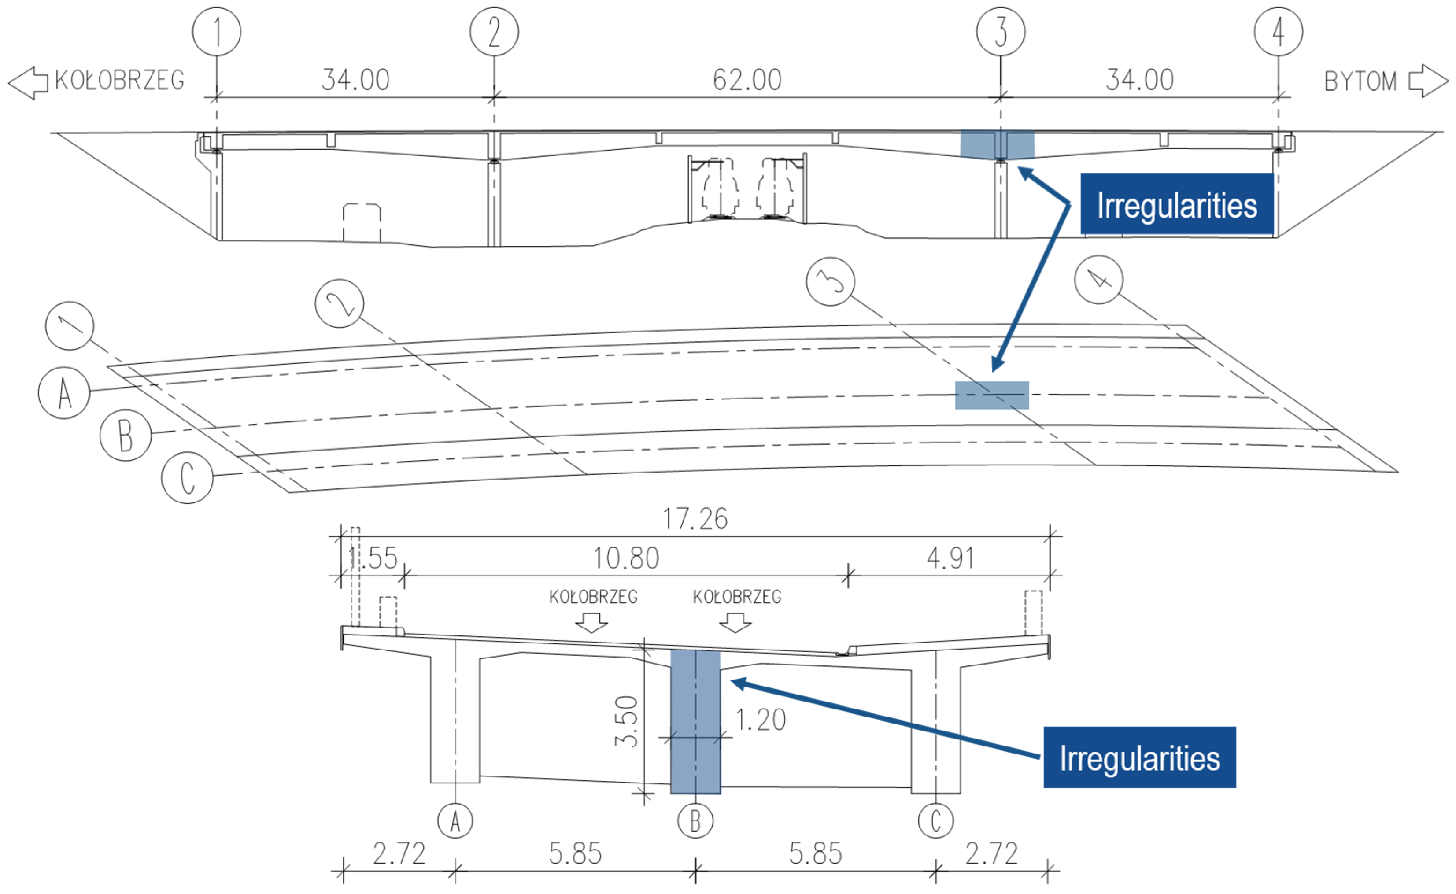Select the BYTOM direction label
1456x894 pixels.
coord(1360,81)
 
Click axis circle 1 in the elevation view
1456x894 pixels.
coord(216,31)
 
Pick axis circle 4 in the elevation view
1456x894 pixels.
coord(1278,31)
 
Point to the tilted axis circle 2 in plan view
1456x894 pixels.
coord(339,303)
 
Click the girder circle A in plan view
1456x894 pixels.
coord(64,392)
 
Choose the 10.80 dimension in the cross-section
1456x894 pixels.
coord(625,558)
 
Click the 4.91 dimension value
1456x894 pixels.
coord(950,558)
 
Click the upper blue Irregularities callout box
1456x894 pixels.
coord(1176,204)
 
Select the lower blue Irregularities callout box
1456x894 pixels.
coord(1139,757)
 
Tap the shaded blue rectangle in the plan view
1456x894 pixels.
coord(991,395)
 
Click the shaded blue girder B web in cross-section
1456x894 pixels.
coord(695,721)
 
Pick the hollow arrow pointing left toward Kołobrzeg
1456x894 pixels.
coord(28,83)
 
